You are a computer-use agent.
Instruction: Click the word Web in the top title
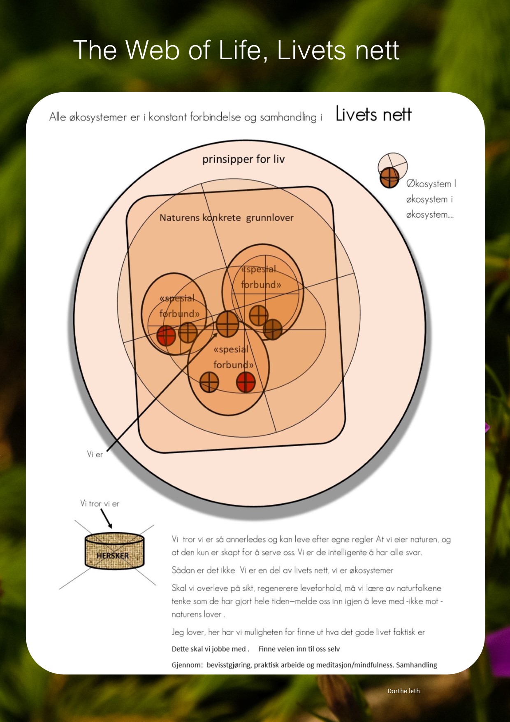[x=152, y=50]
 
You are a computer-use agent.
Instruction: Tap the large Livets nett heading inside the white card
[x=373, y=114]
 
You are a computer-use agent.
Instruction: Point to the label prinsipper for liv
[x=243, y=159]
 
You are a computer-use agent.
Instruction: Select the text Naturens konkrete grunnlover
[x=227, y=217]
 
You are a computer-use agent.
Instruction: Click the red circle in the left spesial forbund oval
[x=166, y=335]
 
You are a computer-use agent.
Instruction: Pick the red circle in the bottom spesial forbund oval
[x=246, y=382]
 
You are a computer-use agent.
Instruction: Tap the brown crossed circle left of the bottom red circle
[x=209, y=382]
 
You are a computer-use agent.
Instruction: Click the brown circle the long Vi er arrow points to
[x=227, y=324]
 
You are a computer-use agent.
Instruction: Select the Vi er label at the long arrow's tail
[x=95, y=454]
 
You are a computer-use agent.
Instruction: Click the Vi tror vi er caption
[x=100, y=503]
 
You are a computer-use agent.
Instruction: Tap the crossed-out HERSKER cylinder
[x=114, y=551]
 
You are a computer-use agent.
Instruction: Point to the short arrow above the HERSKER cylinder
[x=106, y=519]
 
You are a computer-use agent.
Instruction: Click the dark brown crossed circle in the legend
[x=389, y=177]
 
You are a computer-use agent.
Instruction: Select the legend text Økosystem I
[x=431, y=184]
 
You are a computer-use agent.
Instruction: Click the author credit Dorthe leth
[x=403, y=691]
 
